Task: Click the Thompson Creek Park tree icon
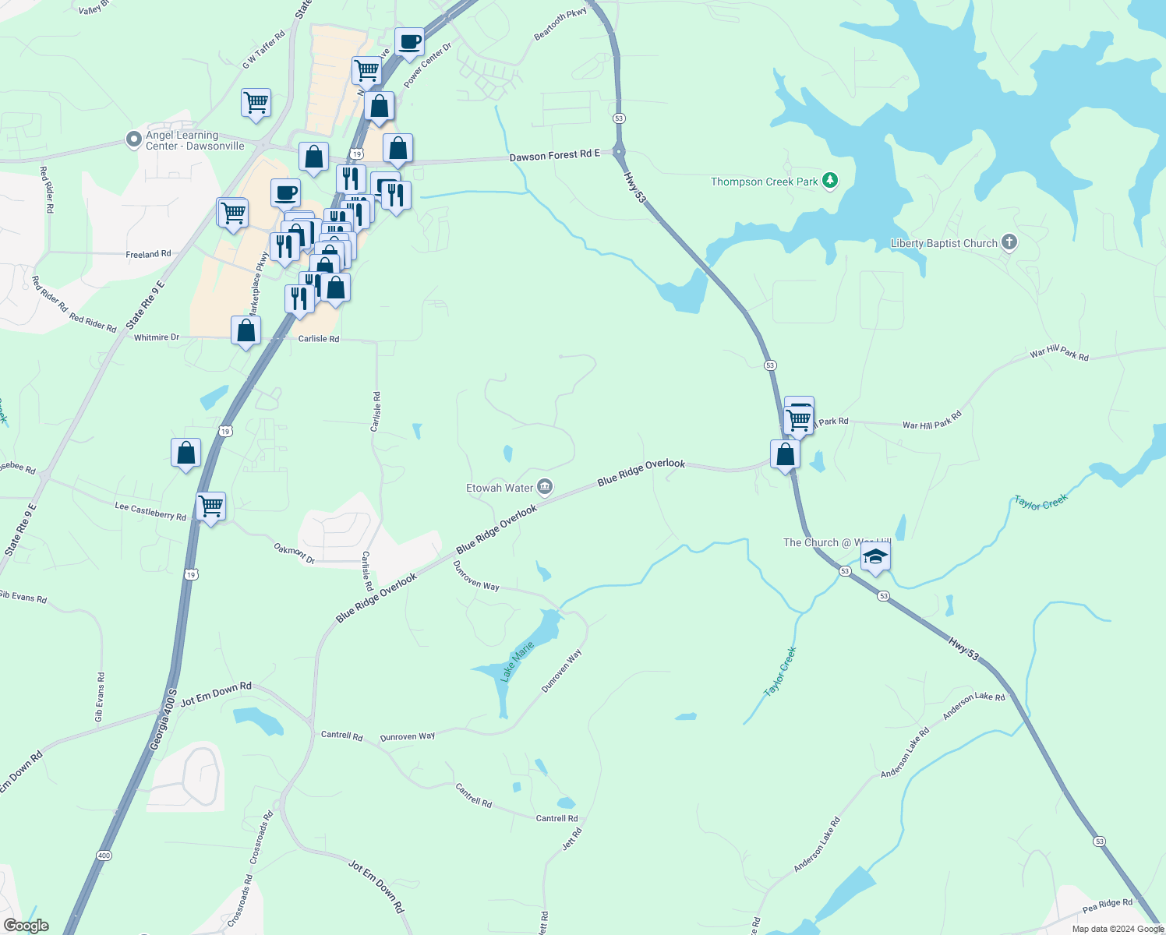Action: click(x=830, y=181)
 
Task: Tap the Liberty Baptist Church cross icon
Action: click(x=1009, y=242)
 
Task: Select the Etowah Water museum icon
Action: click(x=545, y=488)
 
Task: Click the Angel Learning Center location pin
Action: click(x=133, y=139)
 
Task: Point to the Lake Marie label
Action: click(x=517, y=662)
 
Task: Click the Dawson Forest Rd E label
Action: click(x=554, y=156)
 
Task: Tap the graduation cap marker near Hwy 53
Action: click(x=875, y=557)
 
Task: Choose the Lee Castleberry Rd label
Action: click(x=150, y=511)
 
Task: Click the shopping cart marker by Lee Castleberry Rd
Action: click(x=211, y=506)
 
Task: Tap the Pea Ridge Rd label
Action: click(x=1107, y=906)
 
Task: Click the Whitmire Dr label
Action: click(x=157, y=337)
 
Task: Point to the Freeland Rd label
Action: click(x=148, y=254)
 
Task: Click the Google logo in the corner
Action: click(x=26, y=926)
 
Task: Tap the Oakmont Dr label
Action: click(x=294, y=554)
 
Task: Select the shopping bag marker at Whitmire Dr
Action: click(x=246, y=330)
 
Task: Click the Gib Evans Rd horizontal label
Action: click(x=23, y=598)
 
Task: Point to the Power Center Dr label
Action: click(x=427, y=65)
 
